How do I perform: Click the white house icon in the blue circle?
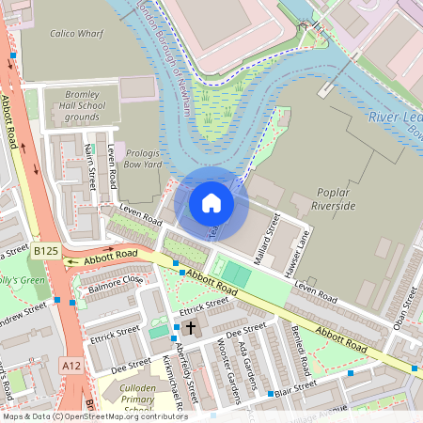click(211, 202)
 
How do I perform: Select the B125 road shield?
click(46, 252)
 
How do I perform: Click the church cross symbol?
click(191, 328)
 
